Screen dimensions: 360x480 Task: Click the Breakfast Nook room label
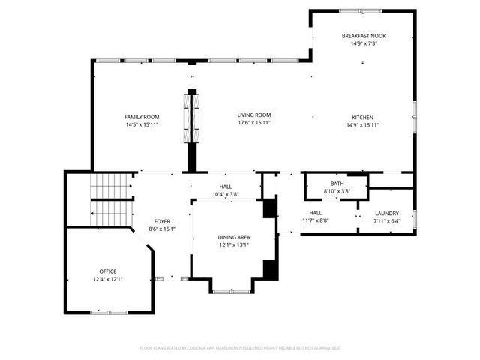tap(364, 36)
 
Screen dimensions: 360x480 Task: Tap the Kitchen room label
tap(363, 117)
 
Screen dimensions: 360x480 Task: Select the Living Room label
tap(253, 117)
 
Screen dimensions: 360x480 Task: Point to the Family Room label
tap(142, 117)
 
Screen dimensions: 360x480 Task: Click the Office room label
tap(108, 271)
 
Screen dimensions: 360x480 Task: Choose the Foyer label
tap(162, 221)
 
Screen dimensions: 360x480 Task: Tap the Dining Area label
tap(235, 237)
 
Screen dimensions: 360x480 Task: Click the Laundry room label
tap(386, 214)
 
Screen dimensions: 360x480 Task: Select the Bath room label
tap(337, 184)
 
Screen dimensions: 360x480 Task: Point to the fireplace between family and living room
tap(192, 119)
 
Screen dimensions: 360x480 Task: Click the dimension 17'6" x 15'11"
tap(253, 124)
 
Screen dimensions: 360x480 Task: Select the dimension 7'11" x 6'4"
tap(386, 221)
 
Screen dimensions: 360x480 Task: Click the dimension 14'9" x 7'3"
tap(364, 43)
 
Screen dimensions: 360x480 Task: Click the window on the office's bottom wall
tap(102, 311)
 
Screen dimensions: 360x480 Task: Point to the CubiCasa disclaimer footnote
tap(240, 348)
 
